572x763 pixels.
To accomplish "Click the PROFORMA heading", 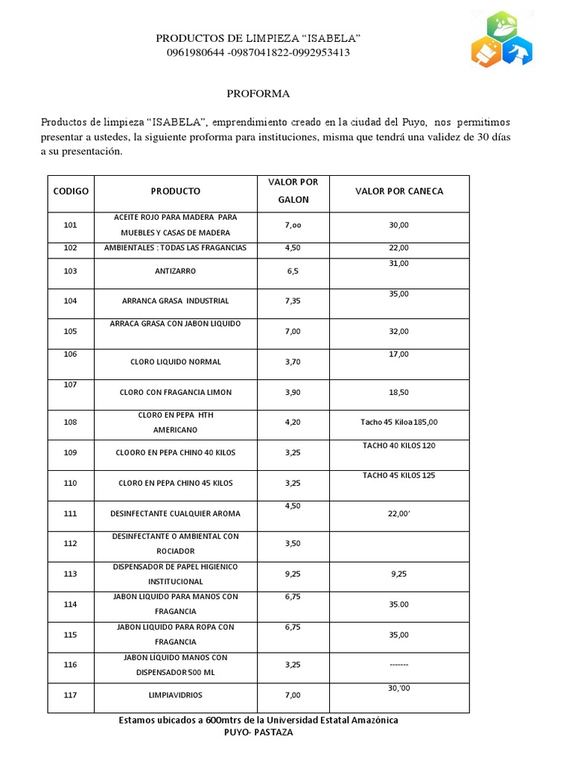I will tap(258, 94).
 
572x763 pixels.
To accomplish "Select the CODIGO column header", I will tap(71, 191).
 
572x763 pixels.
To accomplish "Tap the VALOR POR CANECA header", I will tap(399, 191).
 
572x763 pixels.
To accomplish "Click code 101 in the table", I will tap(71, 224).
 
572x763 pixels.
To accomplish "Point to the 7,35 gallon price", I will tap(293, 301).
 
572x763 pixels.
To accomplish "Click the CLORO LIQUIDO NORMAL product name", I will tap(176, 362).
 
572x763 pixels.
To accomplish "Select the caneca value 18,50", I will tap(399, 392).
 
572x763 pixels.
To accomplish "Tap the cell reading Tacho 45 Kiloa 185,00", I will tap(399, 422).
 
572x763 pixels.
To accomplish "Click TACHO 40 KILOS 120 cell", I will tap(399, 445).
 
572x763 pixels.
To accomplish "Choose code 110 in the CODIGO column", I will tap(71, 484).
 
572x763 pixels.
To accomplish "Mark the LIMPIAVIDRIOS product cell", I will tap(176, 695).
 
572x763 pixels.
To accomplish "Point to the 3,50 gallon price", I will tap(293, 544).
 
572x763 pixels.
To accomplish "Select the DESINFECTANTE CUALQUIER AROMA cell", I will tap(176, 513).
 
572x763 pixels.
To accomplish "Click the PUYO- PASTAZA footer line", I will tap(258, 732).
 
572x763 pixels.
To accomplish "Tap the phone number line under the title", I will tap(258, 53).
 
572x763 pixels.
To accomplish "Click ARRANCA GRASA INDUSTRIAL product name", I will tap(176, 301).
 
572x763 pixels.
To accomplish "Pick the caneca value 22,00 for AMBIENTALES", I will tap(399, 247).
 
